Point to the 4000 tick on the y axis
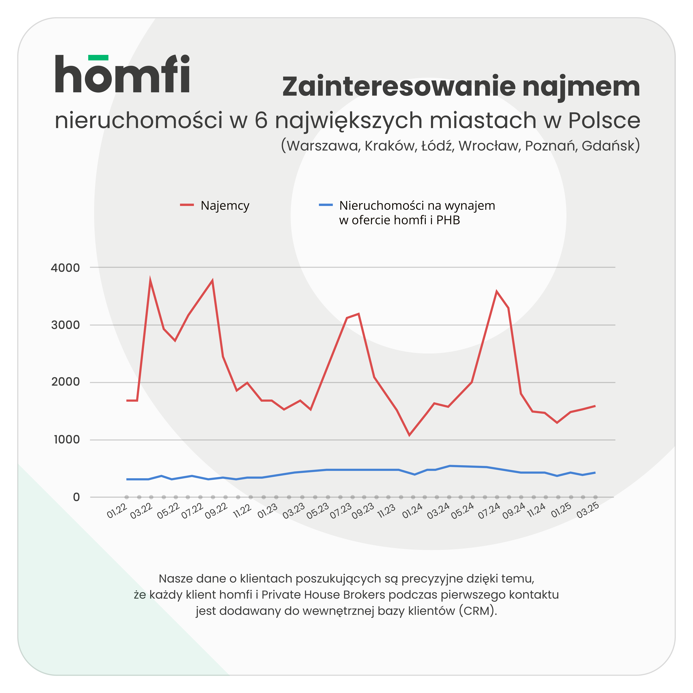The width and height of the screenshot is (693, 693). coord(65,268)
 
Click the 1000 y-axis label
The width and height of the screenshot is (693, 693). coord(67,440)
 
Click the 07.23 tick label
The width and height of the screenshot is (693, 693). coord(341,511)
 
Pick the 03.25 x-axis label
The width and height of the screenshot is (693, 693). coord(588,511)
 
